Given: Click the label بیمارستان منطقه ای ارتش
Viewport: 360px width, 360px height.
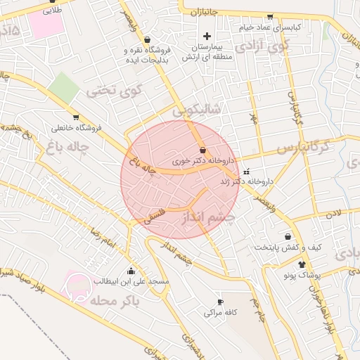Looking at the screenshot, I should [207, 52].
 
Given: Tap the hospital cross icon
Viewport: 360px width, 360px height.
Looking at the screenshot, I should [207, 37].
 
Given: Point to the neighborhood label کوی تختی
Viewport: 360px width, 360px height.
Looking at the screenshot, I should [115, 91].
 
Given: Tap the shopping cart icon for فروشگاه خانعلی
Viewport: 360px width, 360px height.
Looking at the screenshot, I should [75, 117].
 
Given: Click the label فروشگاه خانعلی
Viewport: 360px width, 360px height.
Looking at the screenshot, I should [76, 128].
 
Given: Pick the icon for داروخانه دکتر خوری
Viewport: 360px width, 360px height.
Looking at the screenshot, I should [203, 150].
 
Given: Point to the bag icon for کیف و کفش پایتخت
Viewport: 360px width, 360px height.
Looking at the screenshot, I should [288, 237].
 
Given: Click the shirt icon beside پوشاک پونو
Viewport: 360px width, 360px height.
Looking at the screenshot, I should [302, 265].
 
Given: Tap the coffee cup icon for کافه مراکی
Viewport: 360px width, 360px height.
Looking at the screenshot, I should [219, 301].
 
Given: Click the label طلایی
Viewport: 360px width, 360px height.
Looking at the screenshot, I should [53, 11].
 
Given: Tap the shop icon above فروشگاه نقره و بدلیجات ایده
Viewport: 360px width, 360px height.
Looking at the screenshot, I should [147, 40].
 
